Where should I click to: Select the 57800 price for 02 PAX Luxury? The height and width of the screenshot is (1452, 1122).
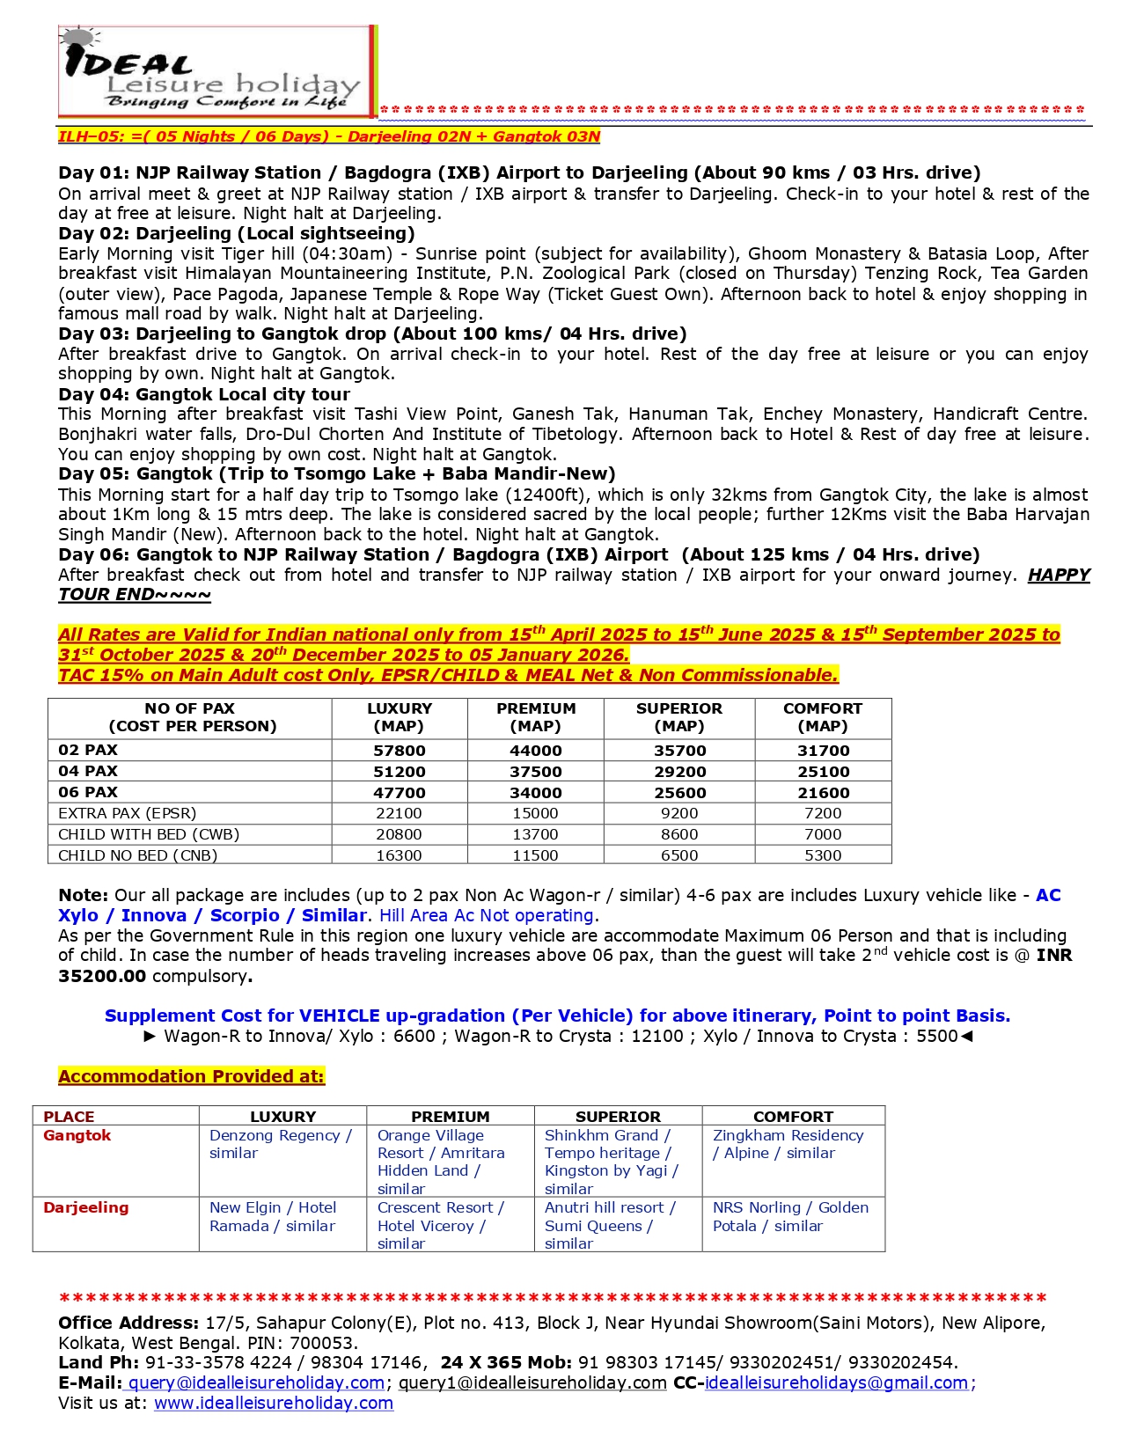[400, 751]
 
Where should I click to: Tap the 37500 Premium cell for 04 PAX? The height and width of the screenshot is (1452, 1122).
[536, 772]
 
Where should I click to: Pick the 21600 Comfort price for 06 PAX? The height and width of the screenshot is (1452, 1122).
[823, 793]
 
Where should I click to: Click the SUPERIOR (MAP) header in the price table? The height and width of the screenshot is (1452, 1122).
[679, 717]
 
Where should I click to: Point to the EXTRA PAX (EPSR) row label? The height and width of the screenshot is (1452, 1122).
[128, 813]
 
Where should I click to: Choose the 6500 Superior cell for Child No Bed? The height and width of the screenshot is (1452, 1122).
[679, 855]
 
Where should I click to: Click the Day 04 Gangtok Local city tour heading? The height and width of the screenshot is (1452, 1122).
[204, 394]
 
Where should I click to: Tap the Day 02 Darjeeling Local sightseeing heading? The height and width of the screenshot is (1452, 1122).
[237, 233]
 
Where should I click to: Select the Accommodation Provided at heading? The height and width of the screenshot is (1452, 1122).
[191, 1076]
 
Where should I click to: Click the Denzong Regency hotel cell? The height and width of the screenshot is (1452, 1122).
[281, 1144]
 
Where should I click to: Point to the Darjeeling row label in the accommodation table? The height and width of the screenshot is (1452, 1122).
[86, 1207]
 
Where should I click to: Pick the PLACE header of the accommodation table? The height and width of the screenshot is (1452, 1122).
[69, 1116]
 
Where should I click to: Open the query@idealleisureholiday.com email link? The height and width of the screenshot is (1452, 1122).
[257, 1382]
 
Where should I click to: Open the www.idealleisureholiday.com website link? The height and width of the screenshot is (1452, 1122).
[274, 1403]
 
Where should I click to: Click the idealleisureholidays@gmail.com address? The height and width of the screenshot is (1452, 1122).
[837, 1382]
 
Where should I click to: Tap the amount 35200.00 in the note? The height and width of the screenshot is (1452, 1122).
[102, 976]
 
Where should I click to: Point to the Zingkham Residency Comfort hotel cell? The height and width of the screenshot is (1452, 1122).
[788, 1144]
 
